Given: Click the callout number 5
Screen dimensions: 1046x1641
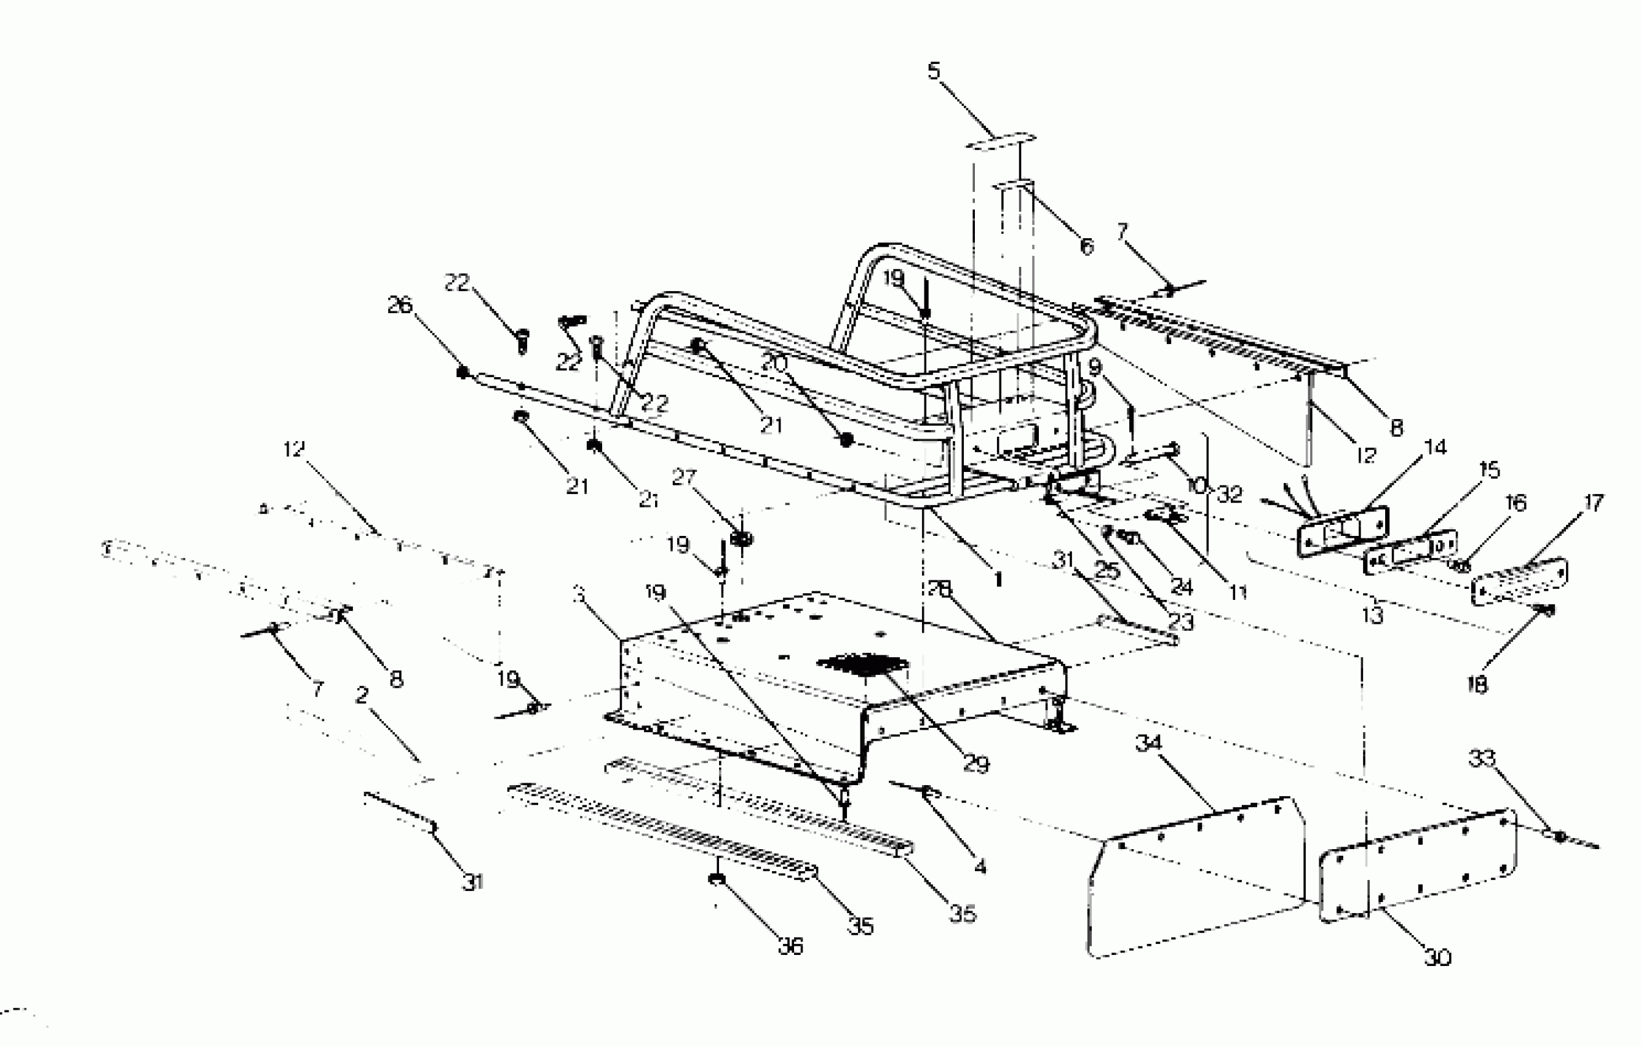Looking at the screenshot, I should point(934,71).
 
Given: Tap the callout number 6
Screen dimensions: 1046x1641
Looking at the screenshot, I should point(1086,246).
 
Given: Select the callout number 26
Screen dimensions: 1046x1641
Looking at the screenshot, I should point(400,305).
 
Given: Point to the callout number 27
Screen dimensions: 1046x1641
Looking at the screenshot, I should point(683,477).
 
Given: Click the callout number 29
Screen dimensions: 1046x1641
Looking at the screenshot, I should point(975,764).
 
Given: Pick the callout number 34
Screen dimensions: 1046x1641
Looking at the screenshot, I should point(1148,743).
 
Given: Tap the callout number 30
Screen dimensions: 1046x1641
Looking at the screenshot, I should point(1438,957).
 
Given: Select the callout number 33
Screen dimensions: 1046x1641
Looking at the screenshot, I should point(1482,757).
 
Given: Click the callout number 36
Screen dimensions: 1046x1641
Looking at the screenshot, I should point(790,946).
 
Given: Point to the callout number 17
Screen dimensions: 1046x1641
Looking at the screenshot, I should point(1593,503).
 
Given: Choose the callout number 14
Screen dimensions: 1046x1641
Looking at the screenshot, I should point(1435,447).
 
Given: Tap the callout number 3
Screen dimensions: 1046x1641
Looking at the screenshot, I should point(579,594).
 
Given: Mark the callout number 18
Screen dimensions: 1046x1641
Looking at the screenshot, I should point(1477,684).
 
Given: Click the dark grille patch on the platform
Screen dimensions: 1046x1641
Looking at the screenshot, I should point(864,663).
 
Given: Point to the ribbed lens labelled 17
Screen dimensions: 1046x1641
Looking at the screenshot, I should point(1519,581).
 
